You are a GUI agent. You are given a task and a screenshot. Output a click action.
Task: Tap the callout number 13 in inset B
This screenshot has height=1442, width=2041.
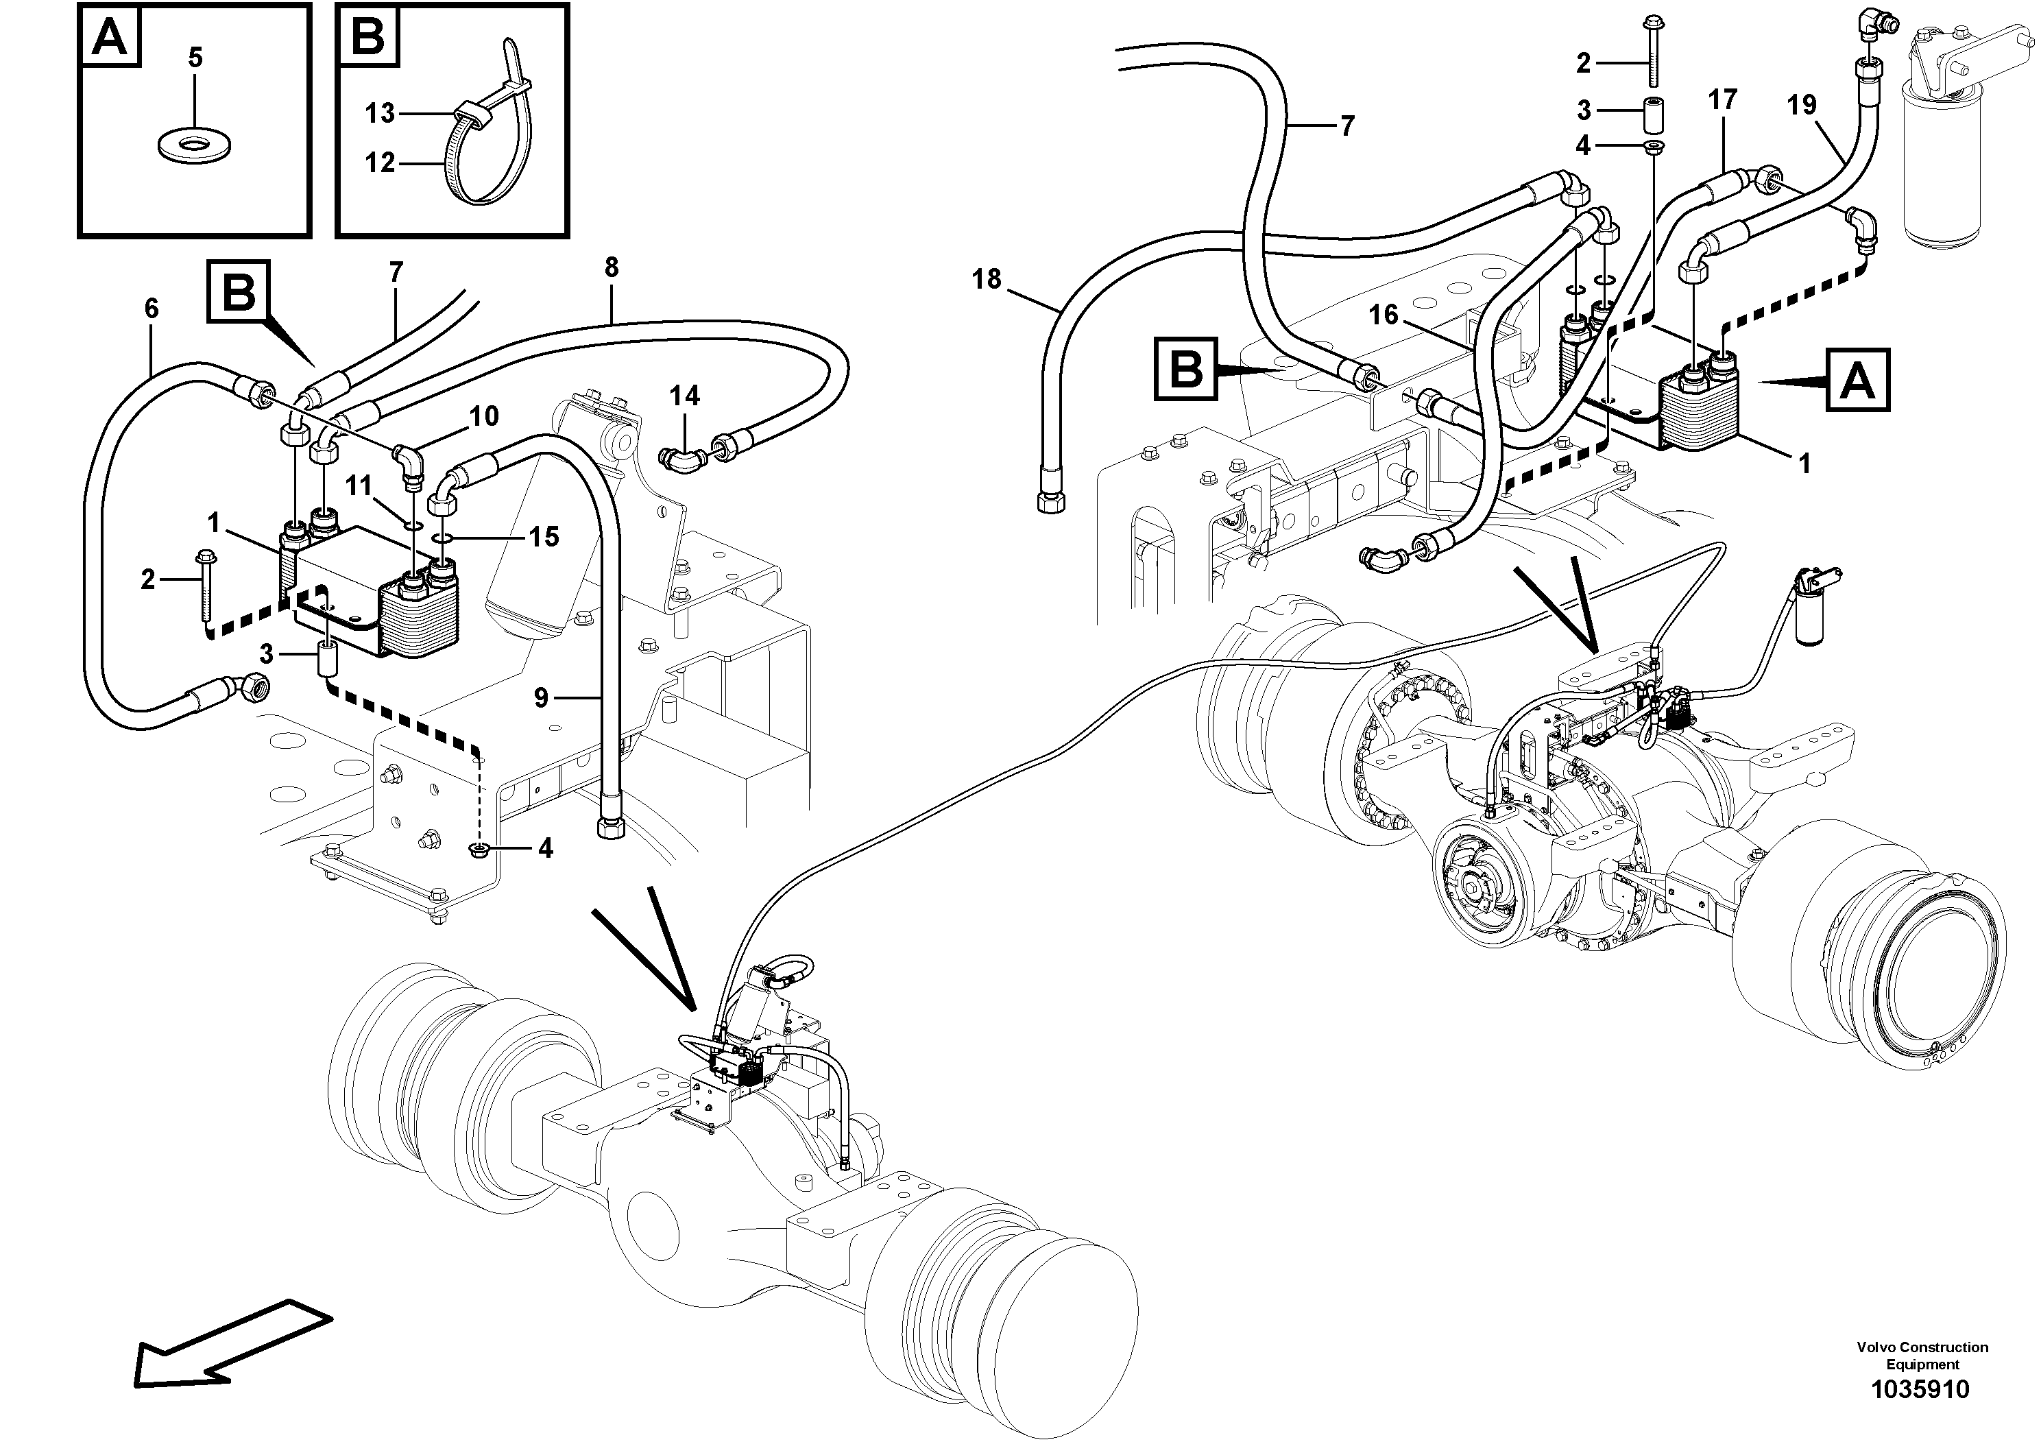(381, 114)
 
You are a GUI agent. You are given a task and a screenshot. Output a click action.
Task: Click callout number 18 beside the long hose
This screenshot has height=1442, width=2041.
(987, 279)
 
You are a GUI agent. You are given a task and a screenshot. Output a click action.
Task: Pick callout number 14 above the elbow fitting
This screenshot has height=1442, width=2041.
(684, 395)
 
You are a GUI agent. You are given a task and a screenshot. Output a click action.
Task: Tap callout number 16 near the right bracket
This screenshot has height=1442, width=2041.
(1384, 314)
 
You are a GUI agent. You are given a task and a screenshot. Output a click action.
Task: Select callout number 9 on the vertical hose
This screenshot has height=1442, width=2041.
(542, 698)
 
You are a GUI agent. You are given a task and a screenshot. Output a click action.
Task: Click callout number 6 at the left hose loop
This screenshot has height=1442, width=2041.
(151, 309)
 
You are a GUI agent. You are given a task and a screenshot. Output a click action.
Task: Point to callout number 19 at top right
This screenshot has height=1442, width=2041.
(1802, 106)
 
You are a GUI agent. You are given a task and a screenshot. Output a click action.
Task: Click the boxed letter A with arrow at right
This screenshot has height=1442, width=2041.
(1858, 381)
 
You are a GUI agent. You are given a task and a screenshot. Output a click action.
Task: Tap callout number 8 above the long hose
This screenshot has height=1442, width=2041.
(612, 267)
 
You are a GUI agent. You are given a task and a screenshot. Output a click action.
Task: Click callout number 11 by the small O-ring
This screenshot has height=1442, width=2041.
(359, 485)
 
